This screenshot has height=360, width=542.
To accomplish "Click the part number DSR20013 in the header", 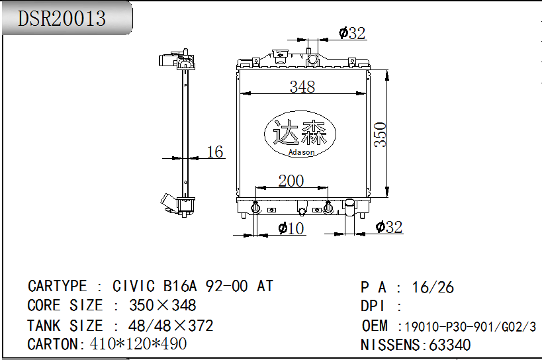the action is click(62, 19).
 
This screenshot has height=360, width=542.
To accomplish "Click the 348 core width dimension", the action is click(302, 87).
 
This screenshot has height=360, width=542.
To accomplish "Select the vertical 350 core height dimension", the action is click(381, 134).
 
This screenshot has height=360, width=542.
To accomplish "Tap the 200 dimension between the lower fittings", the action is click(291, 181).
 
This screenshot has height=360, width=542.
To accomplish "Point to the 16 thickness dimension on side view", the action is click(214, 152).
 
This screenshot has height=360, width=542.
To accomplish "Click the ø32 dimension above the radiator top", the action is click(352, 33).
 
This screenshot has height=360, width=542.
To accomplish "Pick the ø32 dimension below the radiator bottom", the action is click(389, 227).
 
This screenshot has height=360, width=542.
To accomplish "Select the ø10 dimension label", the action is click(291, 228).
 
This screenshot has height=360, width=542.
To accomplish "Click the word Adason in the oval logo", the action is click(301, 152).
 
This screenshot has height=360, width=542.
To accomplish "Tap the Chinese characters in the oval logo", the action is click(300, 132).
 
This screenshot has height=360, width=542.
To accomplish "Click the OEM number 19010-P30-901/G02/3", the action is click(470, 326).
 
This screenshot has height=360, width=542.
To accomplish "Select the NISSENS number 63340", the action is click(450, 345).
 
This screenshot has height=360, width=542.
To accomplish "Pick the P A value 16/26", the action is click(433, 287).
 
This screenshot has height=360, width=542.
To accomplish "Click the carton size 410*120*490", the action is click(138, 343).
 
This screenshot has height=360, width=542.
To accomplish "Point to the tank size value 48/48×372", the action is click(171, 326).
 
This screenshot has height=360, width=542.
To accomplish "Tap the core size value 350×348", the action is click(162, 306).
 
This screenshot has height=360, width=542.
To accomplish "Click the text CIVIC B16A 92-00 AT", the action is click(193, 286).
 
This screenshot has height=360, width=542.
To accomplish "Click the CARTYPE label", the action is click(58, 286).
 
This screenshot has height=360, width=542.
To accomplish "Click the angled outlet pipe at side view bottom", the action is click(169, 202).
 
